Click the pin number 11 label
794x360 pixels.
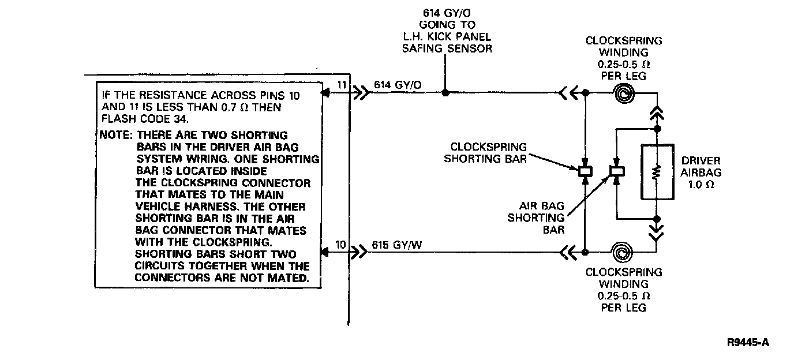[341, 85]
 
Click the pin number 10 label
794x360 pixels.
[340, 245]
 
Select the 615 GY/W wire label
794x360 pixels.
[398, 245]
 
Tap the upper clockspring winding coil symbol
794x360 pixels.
[624, 92]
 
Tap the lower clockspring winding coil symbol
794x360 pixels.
[624, 252]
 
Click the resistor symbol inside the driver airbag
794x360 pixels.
[656, 171]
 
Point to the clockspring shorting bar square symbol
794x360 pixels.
[585, 171]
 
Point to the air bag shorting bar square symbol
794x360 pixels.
[616, 171]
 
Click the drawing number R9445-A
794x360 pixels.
[748, 342]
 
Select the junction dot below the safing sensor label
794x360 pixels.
[445, 92]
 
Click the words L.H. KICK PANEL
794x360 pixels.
[447, 37]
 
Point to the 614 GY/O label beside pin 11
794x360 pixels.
[398, 85]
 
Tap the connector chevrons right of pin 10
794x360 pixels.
[359, 252]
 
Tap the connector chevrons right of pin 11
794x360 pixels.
[359, 92]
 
